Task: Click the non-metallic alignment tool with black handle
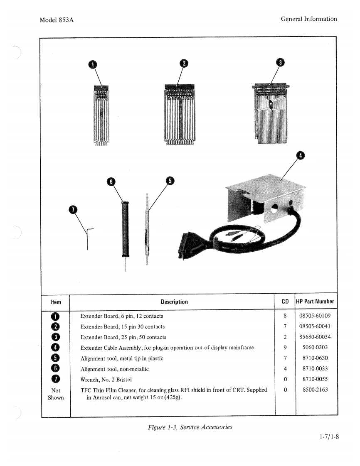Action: [x=125, y=229]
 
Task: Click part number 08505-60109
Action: [x=315, y=316]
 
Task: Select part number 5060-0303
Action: [x=315, y=347]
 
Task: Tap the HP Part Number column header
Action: [x=315, y=302]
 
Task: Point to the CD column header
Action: [x=285, y=302]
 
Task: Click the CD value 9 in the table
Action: [x=285, y=347]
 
